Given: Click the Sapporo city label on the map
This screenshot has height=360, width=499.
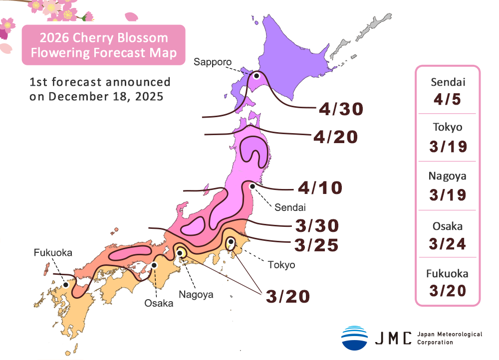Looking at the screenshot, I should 213,62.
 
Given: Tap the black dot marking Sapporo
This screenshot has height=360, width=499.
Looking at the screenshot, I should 256,76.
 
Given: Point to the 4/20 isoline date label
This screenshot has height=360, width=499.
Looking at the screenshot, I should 335,137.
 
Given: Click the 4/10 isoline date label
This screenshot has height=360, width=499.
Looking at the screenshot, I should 320,188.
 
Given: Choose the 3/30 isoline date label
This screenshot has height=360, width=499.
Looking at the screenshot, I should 317,226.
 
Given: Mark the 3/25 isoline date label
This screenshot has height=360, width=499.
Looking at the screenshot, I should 317,245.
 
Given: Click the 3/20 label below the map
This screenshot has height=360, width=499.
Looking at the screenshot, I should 288,296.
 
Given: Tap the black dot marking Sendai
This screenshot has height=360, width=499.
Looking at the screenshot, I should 252,186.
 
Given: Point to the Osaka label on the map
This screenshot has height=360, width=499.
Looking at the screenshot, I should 159,303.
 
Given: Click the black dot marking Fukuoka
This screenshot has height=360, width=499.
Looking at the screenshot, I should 66,285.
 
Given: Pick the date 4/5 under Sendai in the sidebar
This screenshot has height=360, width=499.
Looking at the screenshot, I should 447,99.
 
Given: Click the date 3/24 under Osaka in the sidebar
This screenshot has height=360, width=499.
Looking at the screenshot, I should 447,243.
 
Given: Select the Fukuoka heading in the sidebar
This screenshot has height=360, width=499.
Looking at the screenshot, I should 447,273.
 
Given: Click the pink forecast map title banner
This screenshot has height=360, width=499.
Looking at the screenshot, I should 104,45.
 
